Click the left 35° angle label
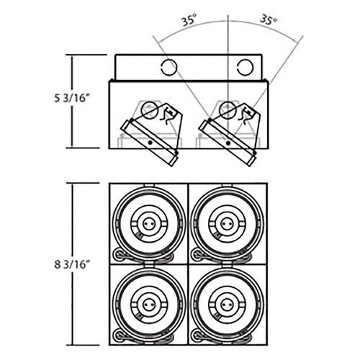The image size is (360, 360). pos(189,20)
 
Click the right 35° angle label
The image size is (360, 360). pos(269,20)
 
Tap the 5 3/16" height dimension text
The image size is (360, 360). pos(70,98)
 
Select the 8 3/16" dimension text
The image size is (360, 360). pos(70,265)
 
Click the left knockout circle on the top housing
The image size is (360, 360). pos(168,66)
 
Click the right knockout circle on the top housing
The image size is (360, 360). pos(245,66)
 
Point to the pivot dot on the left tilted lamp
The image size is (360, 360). pos(150,143)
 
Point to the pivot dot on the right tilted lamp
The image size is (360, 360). pos(228,143)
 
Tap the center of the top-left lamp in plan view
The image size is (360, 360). pos(149,224)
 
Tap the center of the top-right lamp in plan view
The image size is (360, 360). pos(227,224)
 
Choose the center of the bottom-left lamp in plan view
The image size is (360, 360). pos(149,305)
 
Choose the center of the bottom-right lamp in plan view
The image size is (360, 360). pos(227,305)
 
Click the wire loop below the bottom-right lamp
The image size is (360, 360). pos(197,335)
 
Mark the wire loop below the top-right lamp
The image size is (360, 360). pos(197,255)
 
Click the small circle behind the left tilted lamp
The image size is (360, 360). pos(150,109)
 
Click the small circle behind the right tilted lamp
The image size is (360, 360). pos(228,109)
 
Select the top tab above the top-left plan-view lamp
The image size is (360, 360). pos(149,186)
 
